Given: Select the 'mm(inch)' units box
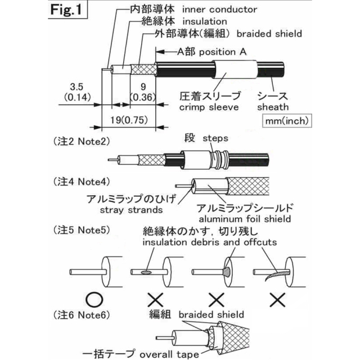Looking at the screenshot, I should (287, 121).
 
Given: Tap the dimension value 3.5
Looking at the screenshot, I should (76, 87).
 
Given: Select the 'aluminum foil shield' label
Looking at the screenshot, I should (245, 218).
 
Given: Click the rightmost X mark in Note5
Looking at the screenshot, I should (276, 300).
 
